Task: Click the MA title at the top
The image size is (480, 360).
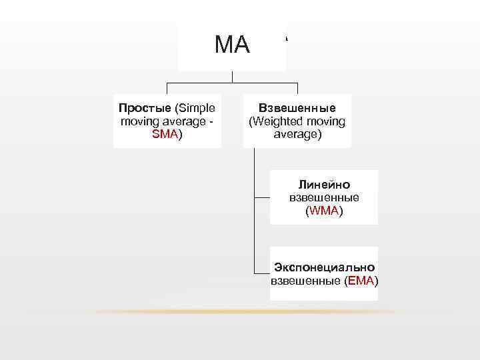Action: [232, 45]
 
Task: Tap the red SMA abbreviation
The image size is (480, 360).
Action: [164, 134]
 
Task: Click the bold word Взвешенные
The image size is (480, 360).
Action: [297, 108]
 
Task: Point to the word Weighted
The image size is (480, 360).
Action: [276, 121]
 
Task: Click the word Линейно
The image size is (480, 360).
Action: [324, 185]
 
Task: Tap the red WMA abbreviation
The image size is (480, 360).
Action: [324, 211]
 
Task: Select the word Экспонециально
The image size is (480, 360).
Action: [324, 267]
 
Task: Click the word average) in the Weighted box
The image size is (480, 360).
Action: [297, 134]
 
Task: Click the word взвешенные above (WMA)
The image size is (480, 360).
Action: [324, 198]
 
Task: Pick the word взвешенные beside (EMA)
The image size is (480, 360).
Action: [305, 281]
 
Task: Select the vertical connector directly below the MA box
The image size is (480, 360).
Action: [232, 76]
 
